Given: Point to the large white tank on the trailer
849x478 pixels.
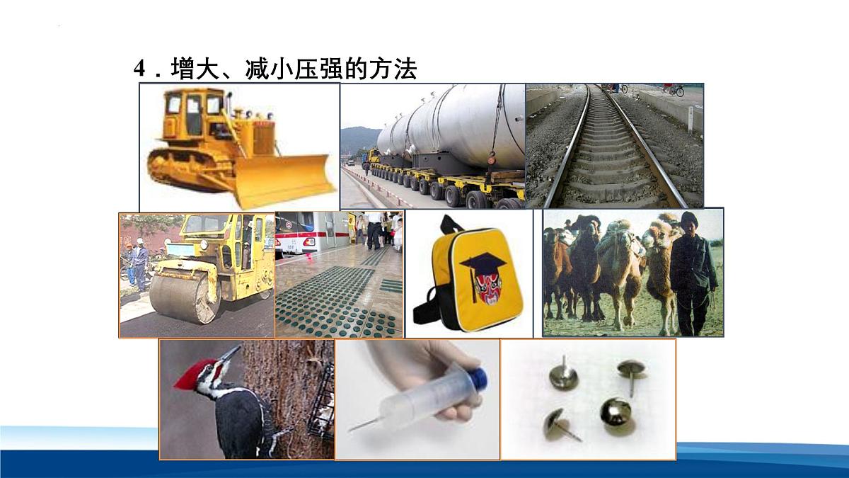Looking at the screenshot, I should point(453,127).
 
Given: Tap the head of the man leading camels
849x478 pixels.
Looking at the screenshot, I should point(688,222).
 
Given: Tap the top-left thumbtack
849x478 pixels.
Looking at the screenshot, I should point(564,373).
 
